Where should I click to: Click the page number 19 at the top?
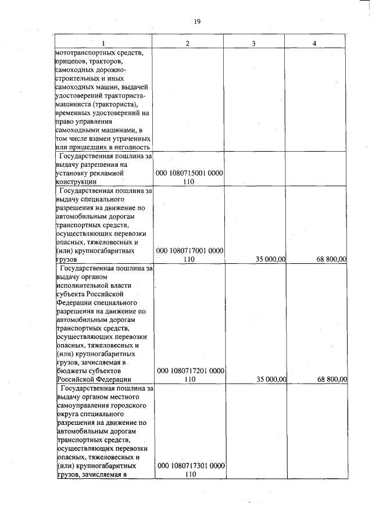(x=197, y=22)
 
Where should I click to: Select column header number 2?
(x=188, y=44)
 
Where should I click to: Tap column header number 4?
(x=314, y=44)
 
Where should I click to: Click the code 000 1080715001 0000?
(x=190, y=173)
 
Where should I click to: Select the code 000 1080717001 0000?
(x=190, y=251)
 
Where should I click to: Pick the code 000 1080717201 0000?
(x=190, y=370)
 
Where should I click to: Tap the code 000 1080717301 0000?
(x=190, y=466)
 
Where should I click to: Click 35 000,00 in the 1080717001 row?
(x=268, y=260)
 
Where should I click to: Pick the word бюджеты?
(x=69, y=370)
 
